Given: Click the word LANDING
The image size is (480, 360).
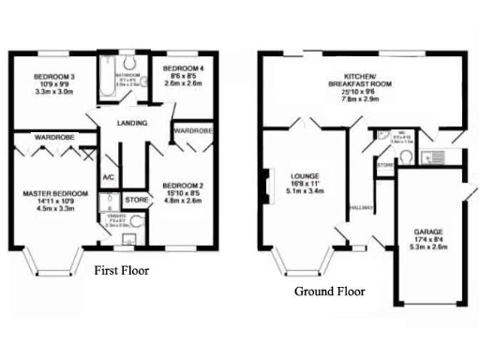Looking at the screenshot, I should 131,124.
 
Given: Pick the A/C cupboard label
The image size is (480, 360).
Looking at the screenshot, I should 108,177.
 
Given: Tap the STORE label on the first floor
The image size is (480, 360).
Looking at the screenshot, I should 137,200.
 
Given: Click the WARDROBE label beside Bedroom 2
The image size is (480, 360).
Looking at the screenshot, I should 192,130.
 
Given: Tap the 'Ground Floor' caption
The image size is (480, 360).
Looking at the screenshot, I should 330,291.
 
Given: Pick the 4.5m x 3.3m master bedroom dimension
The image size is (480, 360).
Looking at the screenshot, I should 55,209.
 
